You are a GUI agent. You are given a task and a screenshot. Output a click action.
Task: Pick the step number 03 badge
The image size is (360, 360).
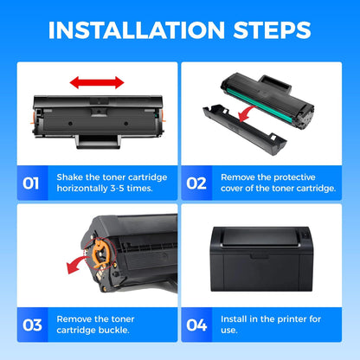coord(30,325)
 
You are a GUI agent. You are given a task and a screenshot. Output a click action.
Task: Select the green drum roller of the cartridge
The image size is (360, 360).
coord(260,87)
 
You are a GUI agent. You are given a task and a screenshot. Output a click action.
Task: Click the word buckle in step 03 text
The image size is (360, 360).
coord(112,331)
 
